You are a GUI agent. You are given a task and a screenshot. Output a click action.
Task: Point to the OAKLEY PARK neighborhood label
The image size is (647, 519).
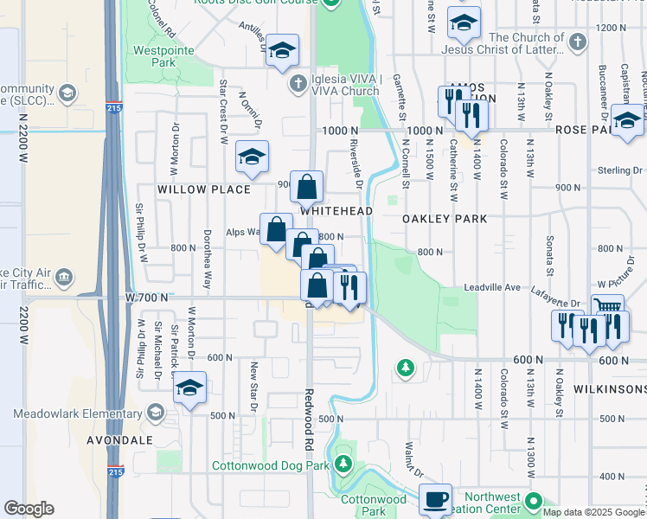[445, 219]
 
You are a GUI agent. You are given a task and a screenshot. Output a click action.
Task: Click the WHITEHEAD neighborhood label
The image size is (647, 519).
[336, 211]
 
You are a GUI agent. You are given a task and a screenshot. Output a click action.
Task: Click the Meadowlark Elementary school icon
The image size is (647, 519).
[156, 413]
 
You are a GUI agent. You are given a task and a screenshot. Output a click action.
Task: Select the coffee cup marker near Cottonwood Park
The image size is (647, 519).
[435, 499]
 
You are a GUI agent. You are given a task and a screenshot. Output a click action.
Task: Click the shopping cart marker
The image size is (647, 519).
[607, 307]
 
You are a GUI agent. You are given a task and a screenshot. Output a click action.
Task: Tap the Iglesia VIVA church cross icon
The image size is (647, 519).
[298, 84]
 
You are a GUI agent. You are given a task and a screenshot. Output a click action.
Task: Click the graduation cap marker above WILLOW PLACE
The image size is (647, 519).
[252, 156]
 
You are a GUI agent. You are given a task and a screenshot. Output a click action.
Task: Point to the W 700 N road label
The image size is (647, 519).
[144, 298]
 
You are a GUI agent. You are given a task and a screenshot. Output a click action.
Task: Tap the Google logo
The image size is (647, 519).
[29, 509]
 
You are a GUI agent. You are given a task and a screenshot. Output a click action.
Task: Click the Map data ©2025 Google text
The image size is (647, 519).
[593, 512]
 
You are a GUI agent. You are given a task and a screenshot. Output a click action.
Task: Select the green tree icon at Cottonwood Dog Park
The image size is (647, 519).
[344, 465]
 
